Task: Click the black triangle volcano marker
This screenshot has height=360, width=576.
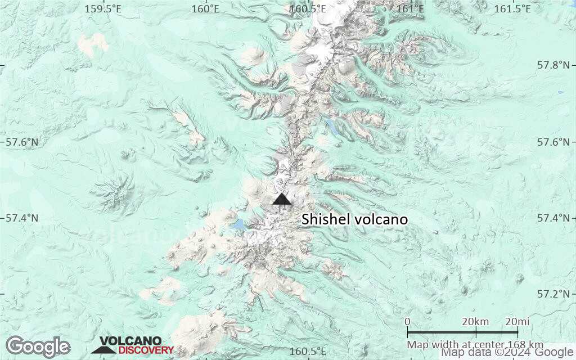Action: (x=282, y=199)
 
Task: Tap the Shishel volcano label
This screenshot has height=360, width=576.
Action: (x=354, y=219)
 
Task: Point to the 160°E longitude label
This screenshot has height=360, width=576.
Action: (x=205, y=8)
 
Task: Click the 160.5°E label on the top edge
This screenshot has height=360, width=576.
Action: (x=308, y=8)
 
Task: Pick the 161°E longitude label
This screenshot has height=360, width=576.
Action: (x=410, y=8)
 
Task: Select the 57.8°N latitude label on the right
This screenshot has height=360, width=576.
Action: (x=553, y=65)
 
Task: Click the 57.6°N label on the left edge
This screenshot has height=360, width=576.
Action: (x=22, y=142)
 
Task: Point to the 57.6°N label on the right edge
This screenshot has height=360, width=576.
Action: (x=553, y=142)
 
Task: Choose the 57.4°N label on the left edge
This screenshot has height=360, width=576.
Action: (x=22, y=218)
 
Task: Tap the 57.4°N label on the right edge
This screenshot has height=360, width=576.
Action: (x=553, y=218)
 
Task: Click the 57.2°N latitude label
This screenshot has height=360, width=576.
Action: (x=553, y=294)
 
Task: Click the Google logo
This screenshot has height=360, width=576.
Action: (x=38, y=346)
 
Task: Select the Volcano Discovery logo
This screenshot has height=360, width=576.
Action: (x=133, y=345)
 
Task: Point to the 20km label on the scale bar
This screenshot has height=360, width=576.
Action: (x=475, y=322)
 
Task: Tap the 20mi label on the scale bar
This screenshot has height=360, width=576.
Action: (x=517, y=322)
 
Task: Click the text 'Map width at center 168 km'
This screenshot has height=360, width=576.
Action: (x=475, y=344)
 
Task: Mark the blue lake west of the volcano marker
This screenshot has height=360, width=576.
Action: (x=237, y=225)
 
